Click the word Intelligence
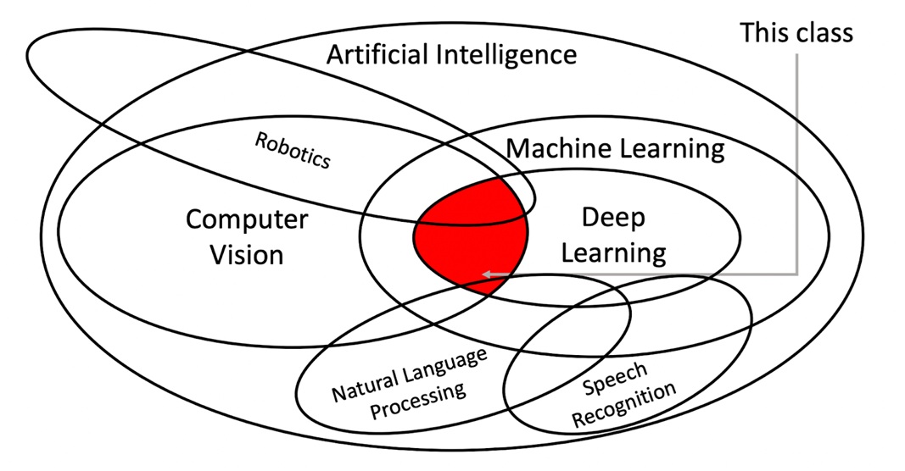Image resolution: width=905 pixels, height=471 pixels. coord(506,55)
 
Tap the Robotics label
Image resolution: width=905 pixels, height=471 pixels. coord(293,151)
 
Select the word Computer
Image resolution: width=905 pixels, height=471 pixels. coord(247,219)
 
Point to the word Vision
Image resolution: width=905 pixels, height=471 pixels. coord(247,254)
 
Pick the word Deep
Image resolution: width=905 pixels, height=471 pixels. coord(613,218)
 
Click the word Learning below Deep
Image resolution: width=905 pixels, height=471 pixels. coord(613,253)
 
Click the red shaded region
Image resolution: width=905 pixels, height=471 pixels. coord(471,236)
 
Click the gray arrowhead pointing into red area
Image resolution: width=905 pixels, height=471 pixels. coord(488,274)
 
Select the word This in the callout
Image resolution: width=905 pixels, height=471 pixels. coord(762,32)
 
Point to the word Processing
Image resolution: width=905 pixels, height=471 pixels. coord(418,401)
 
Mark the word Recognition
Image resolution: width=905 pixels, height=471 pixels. coord(624,404)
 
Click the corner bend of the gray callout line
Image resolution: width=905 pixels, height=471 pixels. coord(796,274)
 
